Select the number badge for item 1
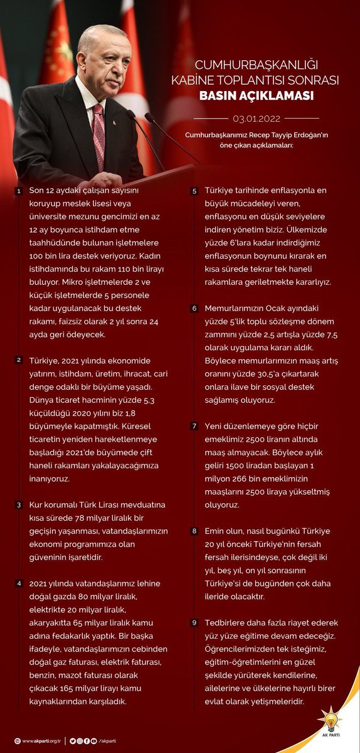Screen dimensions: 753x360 point(19,191)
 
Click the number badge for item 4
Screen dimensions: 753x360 point(19,584)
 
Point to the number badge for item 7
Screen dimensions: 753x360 point(194,426)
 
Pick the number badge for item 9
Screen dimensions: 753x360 point(194,623)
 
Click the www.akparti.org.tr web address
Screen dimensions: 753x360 point(40,740)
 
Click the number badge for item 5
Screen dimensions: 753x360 point(194,191)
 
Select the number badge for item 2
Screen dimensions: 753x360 point(19,361)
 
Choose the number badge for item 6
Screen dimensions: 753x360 point(194,308)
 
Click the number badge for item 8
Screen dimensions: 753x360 point(194,531)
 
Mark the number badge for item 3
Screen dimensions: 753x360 point(19,505)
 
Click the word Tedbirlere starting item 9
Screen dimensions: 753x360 point(228,622)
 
